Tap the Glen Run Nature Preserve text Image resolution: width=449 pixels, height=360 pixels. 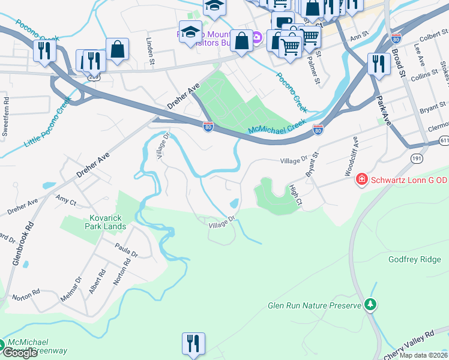(x=314, y=305)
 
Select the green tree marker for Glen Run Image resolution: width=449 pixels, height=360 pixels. (x=371, y=305)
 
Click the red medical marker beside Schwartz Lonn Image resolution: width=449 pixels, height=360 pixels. (x=361, y=179)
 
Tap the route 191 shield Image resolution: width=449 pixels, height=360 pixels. (x=417, y=158)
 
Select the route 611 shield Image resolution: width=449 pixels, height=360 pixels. (x=443, y=139)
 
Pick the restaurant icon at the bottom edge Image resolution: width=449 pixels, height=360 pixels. (x=193, y=344)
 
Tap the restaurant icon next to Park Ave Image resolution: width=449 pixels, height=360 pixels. (x=378, y=64)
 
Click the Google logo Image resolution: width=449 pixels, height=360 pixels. (x=19, y=353)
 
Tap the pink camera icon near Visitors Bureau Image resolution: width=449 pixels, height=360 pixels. (x=257, y=38)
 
